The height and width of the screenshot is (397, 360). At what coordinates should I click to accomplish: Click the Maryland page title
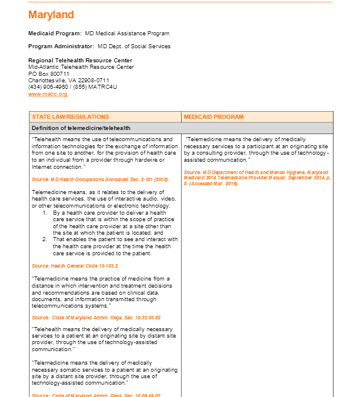click(51, 15)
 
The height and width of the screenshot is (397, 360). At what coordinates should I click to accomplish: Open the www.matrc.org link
click(48, 94)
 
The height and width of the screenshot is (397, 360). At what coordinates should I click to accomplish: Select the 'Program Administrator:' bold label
click(61, 46)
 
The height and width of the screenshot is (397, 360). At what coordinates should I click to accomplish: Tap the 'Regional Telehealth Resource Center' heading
click(80, 61)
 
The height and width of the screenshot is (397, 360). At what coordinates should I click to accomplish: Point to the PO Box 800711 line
click(49, 74)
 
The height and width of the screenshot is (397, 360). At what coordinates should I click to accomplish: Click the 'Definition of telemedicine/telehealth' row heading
click(81, 128)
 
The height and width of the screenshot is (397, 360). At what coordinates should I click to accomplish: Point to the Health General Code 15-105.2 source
click(75, 266)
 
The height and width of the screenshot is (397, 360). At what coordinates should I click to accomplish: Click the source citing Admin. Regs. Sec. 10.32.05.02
click(96, 318)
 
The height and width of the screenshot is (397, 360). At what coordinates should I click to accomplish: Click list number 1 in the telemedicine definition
click(45, 212)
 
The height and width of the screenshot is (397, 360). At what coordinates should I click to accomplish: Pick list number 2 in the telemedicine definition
click(45, 239)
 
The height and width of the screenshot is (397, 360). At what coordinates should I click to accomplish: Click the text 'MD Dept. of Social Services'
click(134, 46)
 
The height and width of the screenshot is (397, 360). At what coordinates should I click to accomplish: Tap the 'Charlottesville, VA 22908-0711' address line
click(69, 80)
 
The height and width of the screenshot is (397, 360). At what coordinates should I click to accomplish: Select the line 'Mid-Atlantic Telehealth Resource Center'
click(81, 67)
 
